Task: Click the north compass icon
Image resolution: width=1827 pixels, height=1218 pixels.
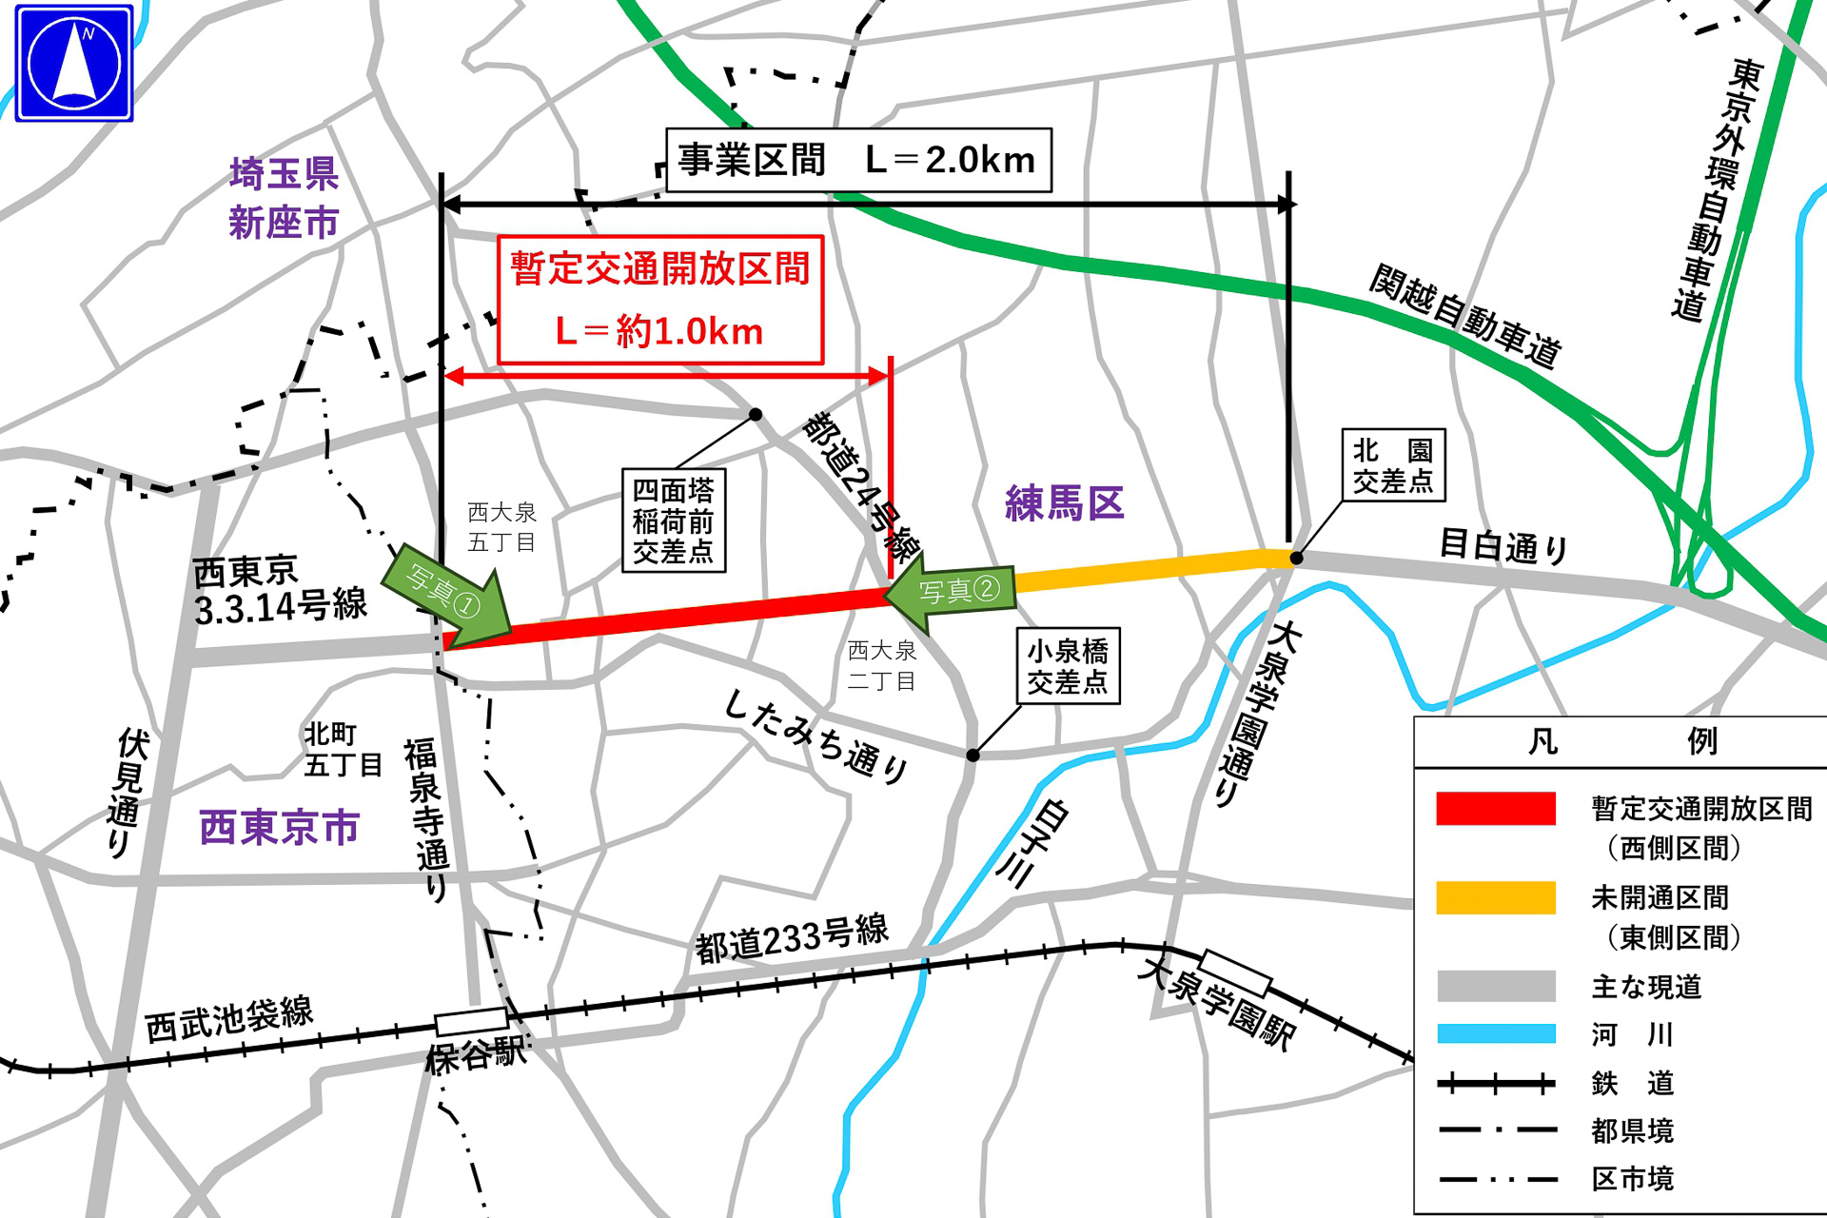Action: pos(74,64)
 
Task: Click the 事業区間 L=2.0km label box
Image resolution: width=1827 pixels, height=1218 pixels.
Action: pos(858,160)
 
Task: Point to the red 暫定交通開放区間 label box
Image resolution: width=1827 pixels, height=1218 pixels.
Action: pos(660,300)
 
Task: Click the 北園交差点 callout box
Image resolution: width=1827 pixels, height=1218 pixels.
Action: pos(1393,465)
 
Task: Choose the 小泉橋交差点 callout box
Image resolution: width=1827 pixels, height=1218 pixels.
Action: pos(1068,666)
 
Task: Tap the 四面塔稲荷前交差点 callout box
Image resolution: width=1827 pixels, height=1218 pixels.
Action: pos(674,521)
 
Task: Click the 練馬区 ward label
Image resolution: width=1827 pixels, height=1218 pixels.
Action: pos(1065,503)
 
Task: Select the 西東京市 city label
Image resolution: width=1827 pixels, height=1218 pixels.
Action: pos(280,827)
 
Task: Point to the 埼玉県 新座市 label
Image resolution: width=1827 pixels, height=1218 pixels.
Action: pos(284,198)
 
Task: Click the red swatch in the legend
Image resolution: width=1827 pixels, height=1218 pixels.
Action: pos(1496,808)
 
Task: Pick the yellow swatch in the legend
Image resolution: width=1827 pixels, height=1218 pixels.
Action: pos(1496,897)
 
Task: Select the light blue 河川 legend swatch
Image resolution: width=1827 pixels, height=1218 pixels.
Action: pos(1496,1033)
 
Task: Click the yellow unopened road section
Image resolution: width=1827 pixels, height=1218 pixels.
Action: pos(1142,571)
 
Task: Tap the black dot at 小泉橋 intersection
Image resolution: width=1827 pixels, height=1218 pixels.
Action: pos(972,755)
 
